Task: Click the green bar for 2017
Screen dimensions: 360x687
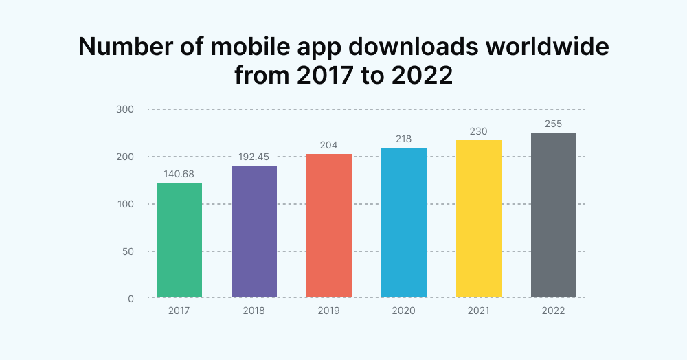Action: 179,240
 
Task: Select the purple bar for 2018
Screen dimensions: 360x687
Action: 254,232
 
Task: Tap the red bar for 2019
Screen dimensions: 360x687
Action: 329,226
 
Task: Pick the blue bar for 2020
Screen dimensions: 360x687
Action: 404,223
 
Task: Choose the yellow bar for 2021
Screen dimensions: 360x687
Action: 479,219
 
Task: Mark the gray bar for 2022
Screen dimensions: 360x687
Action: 554,215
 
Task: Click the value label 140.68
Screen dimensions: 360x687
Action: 179,175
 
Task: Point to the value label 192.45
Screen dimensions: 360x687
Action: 254,157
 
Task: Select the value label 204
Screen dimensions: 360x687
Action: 329,146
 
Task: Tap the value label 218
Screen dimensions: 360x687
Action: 404,139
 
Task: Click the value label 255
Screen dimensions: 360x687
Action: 554,124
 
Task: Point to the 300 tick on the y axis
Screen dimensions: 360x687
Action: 125,109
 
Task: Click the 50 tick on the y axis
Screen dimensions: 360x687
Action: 128,251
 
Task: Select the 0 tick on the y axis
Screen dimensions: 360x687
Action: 131,298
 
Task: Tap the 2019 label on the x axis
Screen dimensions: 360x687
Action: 329,311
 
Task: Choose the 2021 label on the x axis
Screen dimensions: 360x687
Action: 479,311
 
